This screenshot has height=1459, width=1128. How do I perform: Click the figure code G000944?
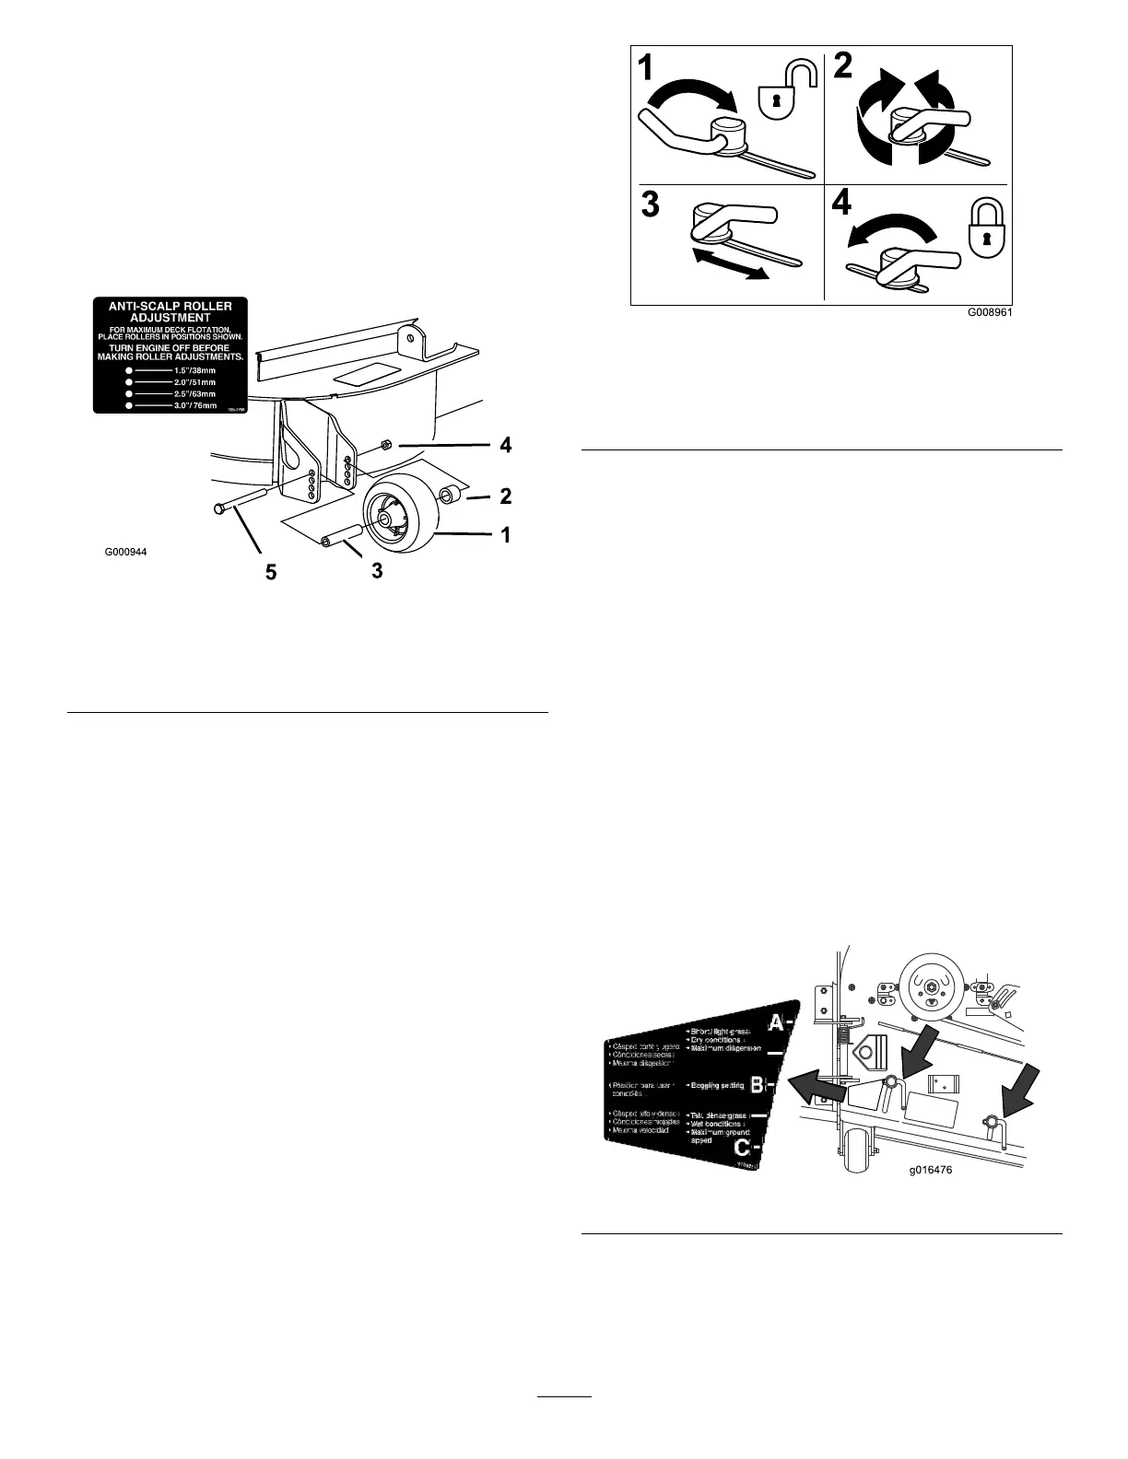[125, 553]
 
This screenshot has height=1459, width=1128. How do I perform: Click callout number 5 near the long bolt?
[270, 572]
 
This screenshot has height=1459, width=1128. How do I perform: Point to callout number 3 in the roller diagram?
[376, 571]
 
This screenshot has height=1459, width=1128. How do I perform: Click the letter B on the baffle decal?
[758, 1085]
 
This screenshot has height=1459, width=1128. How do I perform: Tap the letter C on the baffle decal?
[743, 1149]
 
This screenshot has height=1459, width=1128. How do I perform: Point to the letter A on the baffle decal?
[778, 1021]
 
